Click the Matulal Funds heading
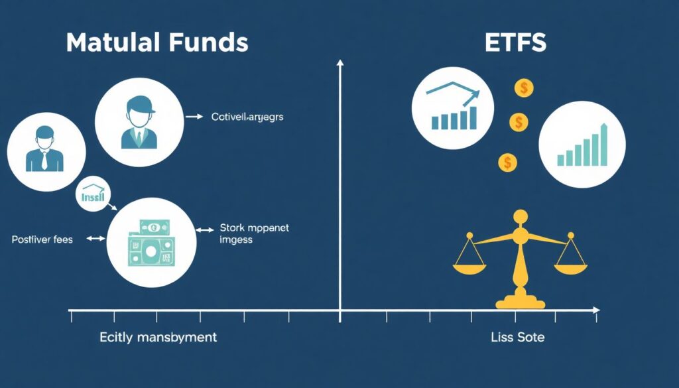coord(157,42)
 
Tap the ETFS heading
coord(516,42)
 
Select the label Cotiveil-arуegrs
coord(247,117)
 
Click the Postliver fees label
coord(42,239)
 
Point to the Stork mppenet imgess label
coord(254,234)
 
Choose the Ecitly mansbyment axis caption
coord(158,338)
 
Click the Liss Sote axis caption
coord(518,338)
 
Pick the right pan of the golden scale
coord(571,268)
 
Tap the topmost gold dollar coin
coord(524,88)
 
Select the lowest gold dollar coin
coord(507,161)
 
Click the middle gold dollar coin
coord(519,122)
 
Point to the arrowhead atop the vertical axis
coord(340,63)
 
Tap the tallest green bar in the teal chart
coord(603,144)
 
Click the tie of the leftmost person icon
coord(44,160)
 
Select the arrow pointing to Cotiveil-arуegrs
coord(194,117)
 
